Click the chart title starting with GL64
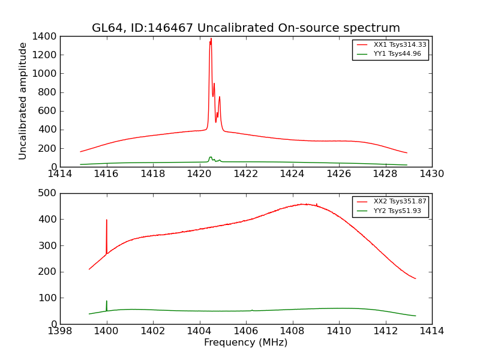245,28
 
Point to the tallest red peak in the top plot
211,40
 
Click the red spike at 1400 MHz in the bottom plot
107,221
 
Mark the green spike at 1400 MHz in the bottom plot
107,302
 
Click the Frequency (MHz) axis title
245,343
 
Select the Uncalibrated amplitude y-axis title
23,101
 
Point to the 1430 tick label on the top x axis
431,174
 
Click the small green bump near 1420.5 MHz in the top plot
211,158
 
